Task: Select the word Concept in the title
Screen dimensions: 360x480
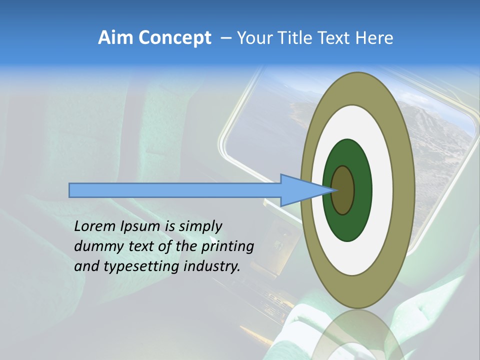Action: pos(174,38)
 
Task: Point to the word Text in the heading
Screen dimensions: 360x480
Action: pos(337,38)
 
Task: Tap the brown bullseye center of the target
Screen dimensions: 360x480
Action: pos(343,190)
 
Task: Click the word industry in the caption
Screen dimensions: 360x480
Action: pos(212,266)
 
